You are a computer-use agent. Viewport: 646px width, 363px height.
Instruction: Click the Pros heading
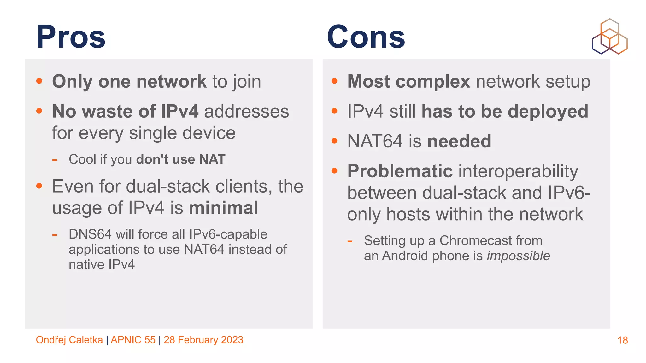71,37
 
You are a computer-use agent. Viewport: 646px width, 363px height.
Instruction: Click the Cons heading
366,37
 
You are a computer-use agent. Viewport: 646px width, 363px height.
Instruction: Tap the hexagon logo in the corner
609,37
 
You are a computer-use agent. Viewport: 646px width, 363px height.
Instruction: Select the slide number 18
622,340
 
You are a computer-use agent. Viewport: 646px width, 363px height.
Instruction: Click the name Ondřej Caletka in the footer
69,340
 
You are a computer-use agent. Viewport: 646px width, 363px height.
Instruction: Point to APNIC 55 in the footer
133,340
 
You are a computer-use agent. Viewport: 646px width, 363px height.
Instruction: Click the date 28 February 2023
203,340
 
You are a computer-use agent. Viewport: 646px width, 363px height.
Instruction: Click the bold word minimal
224,208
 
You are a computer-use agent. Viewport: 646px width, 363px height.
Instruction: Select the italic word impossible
518,256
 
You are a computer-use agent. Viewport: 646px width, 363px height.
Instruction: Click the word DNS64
90,234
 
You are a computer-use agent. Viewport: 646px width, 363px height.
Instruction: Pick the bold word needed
459,141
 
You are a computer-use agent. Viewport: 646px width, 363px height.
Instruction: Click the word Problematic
400,171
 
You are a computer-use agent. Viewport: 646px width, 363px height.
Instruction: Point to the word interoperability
518,172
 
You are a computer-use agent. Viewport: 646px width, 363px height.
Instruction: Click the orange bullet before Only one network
39,81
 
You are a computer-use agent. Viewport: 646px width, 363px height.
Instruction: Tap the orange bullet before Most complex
334,81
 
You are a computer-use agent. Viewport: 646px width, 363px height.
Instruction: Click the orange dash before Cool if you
55,160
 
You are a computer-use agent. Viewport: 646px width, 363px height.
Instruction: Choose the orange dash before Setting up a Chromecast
349,242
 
